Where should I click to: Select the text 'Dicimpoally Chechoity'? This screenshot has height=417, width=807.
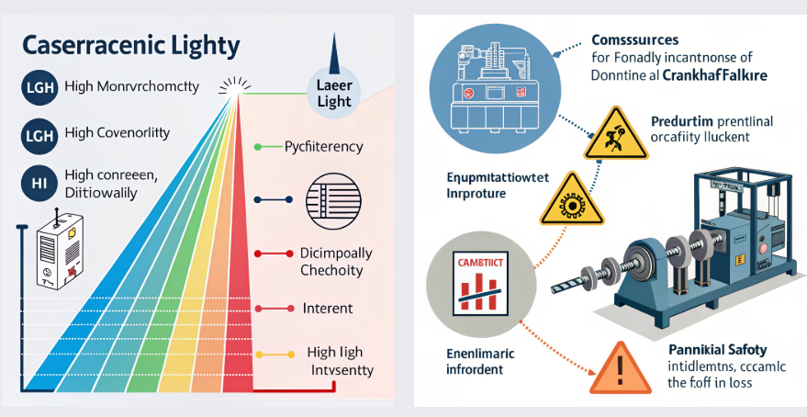pyautogui.click(x=331, y=262)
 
